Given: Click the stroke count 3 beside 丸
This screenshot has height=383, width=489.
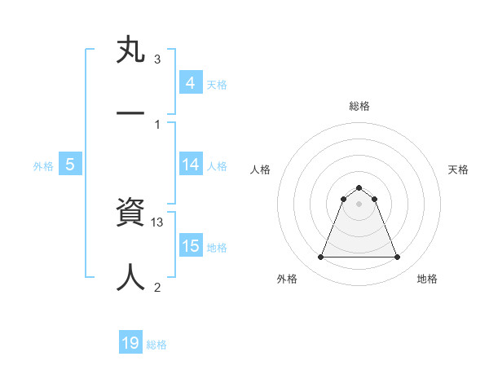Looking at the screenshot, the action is [x=157, y=59].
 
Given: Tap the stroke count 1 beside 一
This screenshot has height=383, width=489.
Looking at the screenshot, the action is [x=157, y=124].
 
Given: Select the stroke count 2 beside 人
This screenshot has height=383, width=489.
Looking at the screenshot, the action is [x=157, y=287].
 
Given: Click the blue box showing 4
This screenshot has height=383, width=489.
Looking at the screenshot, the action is [x=190, y=83].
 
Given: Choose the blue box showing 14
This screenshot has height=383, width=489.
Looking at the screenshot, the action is [x=190, y=165].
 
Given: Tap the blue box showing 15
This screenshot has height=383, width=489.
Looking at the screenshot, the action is [x=190, y=246].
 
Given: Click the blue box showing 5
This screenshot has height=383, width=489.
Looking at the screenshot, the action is [x=70, y=165].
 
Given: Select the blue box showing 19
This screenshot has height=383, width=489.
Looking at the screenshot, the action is [x=130, y=343].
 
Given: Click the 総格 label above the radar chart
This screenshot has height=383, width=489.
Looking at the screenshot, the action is [x=359, y=106].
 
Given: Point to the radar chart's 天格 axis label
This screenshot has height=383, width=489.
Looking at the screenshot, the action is [x=458, y=169].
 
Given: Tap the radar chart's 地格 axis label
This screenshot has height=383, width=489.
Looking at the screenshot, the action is [x=427, y=279].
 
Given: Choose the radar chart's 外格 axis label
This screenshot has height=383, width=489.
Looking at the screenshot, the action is [x=287, y=279].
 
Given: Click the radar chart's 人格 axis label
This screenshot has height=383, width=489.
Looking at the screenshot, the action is [x=261, y=169].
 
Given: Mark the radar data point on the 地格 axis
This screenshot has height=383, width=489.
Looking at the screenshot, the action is [x=397, y=258].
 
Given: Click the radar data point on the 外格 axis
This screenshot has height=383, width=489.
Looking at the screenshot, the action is [x=320, y=258].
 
